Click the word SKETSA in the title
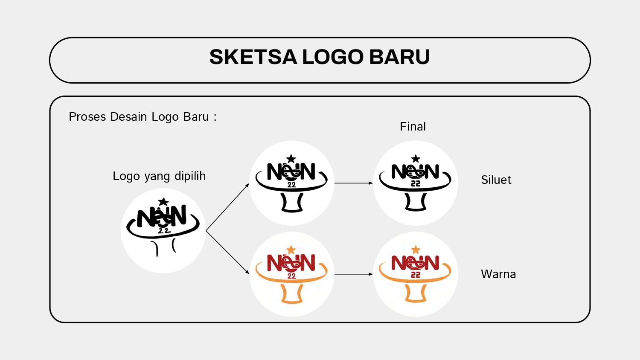coord(253,57)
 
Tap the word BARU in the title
coord(399,57)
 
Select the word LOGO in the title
coord(333,57)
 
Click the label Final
coord(413,126)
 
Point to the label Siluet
coord(496,180)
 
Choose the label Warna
coord(498,274)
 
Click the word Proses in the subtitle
coord(87,116)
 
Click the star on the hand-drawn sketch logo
coord(163,202)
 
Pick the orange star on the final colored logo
coord(416,250)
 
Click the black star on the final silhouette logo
coord(416,159)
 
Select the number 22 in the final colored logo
coord(416,275)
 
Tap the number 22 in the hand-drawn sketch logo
coord(164,231)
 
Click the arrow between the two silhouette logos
coord(354,183)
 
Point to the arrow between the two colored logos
coord(354,274)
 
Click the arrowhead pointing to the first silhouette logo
coord(247,186)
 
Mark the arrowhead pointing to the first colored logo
coord(247,272)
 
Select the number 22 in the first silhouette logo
coord(291,185)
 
